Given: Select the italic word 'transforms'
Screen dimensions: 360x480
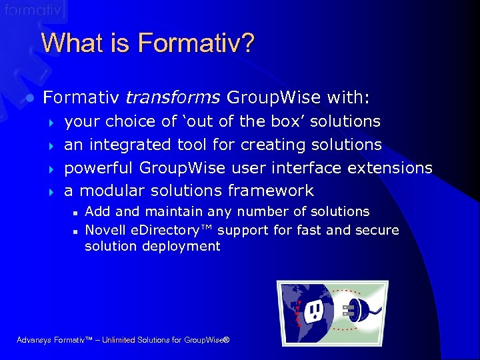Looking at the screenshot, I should (x=173, y=98).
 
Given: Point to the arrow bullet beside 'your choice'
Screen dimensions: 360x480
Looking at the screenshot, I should (x=51, y=122).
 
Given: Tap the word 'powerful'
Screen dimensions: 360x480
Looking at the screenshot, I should (x=101, y=168).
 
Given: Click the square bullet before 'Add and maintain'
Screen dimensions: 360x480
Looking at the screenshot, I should (x=76, y=212).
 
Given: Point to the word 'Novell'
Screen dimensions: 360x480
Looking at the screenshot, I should (x=105, y=230).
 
